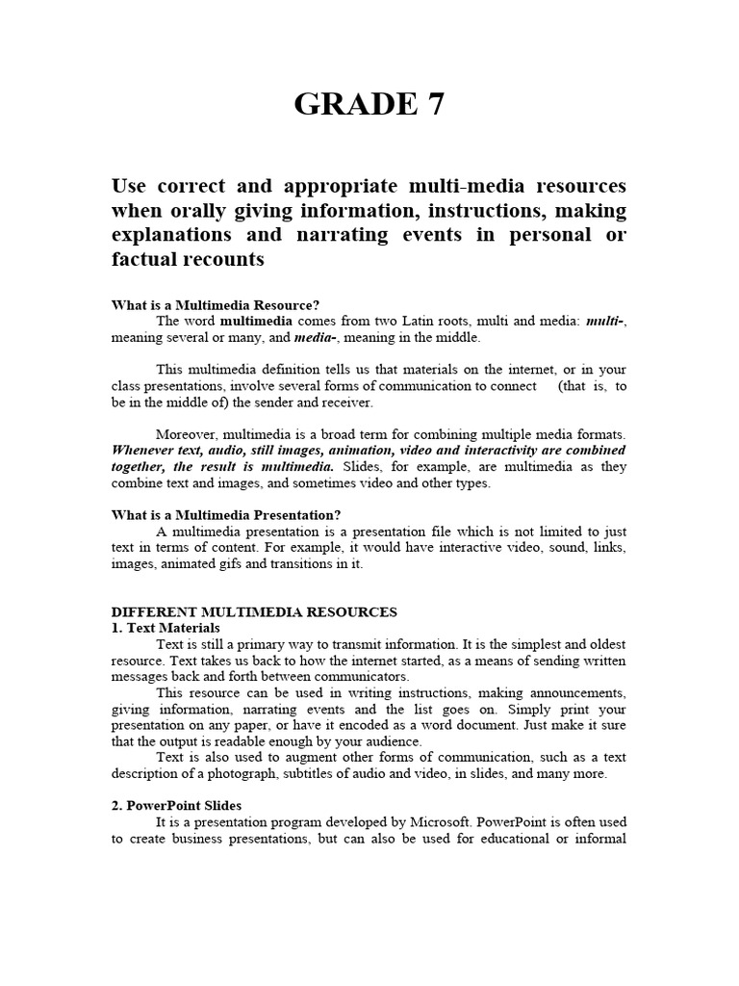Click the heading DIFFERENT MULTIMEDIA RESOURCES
point(254,611)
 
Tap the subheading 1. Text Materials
point(166,628)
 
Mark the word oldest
point(603,644)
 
